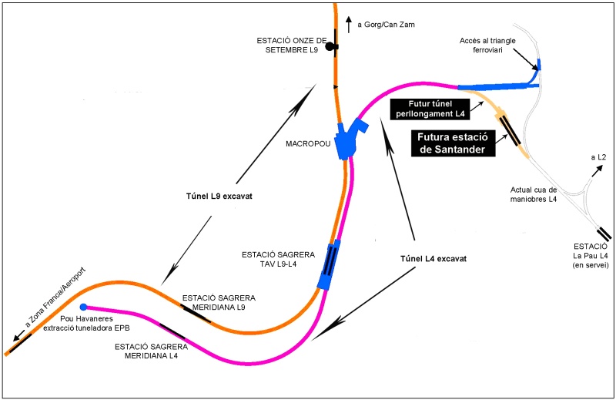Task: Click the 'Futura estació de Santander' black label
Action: [x=453, y=143]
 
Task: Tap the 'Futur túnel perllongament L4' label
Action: [x=430, y=109]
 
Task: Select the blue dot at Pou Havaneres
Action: [x=83, y=307]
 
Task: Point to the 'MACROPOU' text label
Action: [x=308, y=144]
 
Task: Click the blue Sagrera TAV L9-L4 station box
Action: [x=330, y=264]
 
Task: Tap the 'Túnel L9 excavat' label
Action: [x=219, y=196]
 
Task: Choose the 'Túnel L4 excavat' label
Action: [x=434, y=258]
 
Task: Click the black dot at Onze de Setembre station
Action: [x=330, y=47]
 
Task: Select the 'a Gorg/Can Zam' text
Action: [x=386, y=25]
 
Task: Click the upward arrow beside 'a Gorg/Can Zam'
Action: [x=349, y=25]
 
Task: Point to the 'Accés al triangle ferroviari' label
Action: [x=487, y=45]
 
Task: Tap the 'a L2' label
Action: [x=598, y=157]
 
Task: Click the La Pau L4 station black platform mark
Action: [x=604, y=234]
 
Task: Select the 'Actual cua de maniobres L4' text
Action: [x=534, y=194]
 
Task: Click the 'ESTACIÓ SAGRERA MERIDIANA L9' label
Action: [x=219, y=302]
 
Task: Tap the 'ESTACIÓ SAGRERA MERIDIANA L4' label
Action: [x=151, y=351]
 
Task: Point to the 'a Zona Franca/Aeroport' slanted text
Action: [x=55, y=297]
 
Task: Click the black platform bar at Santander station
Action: [x=510, y=131]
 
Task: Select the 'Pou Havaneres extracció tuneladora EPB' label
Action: [x=86, y=323]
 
